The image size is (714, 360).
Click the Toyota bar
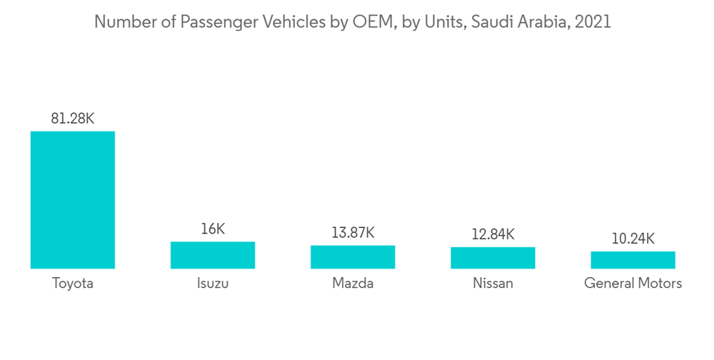click(72, 200)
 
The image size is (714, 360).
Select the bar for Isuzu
click(212, 255)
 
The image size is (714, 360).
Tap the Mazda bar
click(353, 257)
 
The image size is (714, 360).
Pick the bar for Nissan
click(493, 258)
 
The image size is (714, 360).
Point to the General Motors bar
click(633, 260)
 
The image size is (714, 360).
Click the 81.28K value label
click(72, 119)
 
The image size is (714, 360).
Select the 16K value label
click(212, 229)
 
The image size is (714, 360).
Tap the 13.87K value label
click(353, 233)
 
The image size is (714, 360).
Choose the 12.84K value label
click(493, 234)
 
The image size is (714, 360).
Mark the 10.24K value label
click(633, 239)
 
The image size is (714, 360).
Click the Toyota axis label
click(72, 284)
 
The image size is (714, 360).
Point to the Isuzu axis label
click(212, 284)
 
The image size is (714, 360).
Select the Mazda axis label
click(353, 284)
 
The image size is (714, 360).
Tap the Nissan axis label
click(493, 284)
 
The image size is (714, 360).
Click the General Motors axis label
click(633, 284)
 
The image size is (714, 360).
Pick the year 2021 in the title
click(593, 22)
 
